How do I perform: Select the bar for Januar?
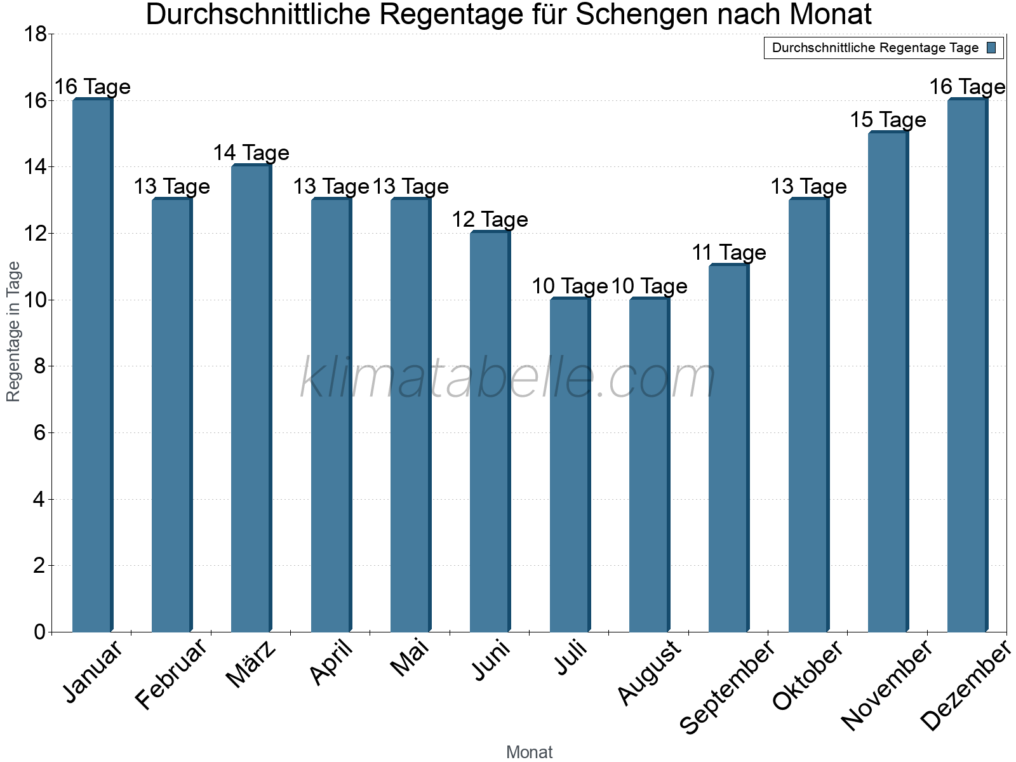tap(93, 365)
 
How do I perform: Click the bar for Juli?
tap(570, 465)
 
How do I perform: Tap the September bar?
tap(728, 448)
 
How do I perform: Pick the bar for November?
tap(888, 382)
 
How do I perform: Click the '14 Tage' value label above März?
tap(251, 153)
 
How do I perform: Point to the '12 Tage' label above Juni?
tap(490, 220)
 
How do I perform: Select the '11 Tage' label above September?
tap(728, 253)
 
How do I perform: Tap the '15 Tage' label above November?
tap(888, 120)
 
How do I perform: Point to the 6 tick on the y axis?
tap(39, 433)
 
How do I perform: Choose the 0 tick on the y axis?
tap(39, 632)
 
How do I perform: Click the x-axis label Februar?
tap(171, 674)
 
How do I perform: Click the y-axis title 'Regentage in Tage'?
tap(14, 331)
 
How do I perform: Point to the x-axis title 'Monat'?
tap(529, 752)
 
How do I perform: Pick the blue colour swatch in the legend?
tap(991, 48)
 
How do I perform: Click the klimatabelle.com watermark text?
tap(508, 379)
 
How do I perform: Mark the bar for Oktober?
tap(808, 415)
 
